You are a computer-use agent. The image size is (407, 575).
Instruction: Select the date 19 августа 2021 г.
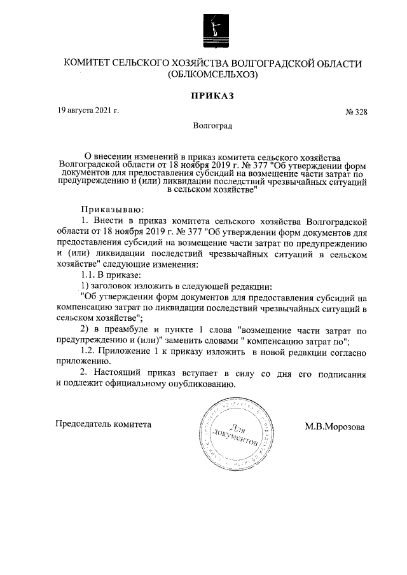click(88, 111)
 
